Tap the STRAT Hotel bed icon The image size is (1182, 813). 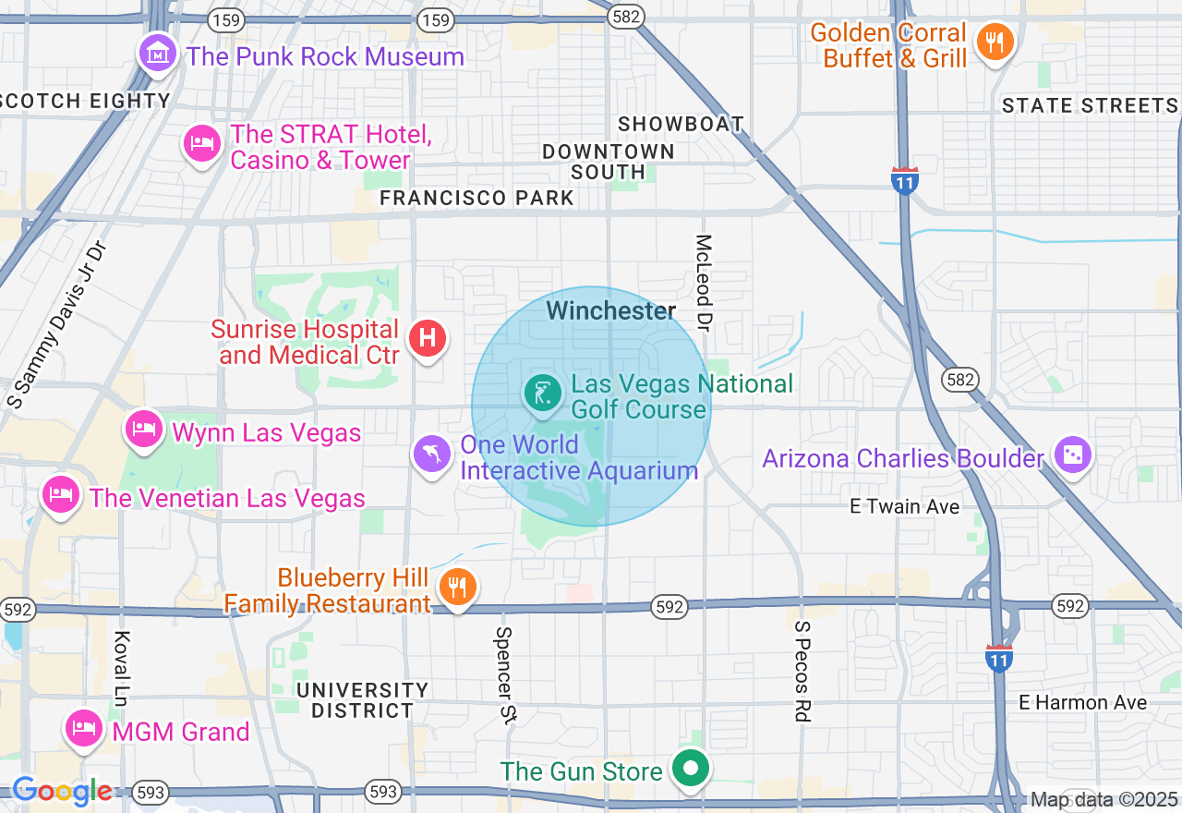(201, 143)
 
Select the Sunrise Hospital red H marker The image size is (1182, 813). (427, 337)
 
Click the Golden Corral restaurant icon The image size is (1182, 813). (995, 42)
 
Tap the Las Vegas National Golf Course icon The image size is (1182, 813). (544, 394)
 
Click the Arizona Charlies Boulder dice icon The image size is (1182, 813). (1071, 455)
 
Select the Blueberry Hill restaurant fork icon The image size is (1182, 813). (456, 587)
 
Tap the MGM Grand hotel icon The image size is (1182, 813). (84, 729)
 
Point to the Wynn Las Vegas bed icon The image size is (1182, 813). (144, 429)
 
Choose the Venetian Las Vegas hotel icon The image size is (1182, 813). (61, 494)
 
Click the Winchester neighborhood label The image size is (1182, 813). (611, 311)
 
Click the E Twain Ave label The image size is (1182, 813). (904, 506)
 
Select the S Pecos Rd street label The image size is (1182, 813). (802, 670)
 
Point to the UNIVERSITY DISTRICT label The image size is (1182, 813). (363, 700)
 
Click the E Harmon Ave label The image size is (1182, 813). (1082, 703)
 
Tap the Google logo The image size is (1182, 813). (62, 791)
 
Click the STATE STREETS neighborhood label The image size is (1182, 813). (1090, 106)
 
